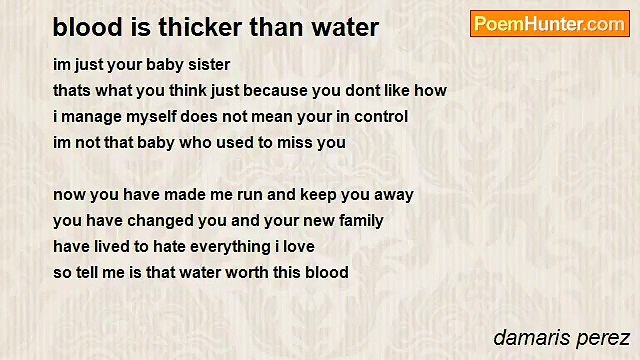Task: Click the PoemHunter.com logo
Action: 549,24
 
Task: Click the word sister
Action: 207,64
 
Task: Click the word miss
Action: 299,142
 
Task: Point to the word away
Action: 393,194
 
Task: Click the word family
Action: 358,220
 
